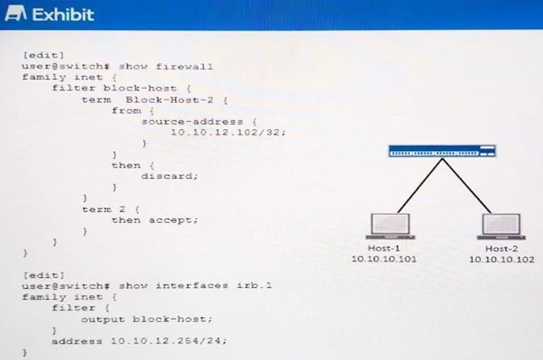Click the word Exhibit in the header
[x=63, y=15]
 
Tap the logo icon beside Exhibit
[x=15, y=14]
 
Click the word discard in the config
[x=169, y=176]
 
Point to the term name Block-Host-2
[x=169, y=100]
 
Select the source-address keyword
[x=193, y=122]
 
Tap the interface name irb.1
[x=254, y=286]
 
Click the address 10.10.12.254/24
[x=169, y=341]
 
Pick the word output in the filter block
[x=102, y=319]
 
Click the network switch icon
[x=442, y=151]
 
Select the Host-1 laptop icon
[x=391, y=226]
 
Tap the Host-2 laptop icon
[x=501, y=226]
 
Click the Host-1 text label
[x=384, y=249]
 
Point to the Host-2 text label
[x=501, y=249]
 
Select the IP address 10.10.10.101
[x=384, y=259]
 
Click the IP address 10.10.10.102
[x=501, y=260]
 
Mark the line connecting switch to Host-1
[x=420, y=186]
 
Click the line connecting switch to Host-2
[x=466, y=186]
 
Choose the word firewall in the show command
[x=184, y=66]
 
